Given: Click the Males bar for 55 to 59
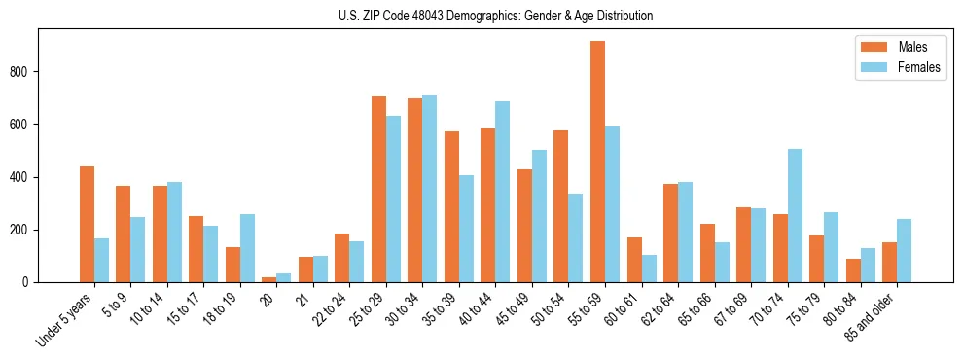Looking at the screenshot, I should click(x=597, y=162).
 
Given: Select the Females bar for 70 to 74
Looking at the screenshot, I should click(x=795, y=215).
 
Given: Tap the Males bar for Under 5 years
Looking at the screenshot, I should click(x=87, y=224).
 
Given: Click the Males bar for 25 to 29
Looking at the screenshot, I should click(x=378, y=189).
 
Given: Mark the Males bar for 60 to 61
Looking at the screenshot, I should click(x=634, y=260).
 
